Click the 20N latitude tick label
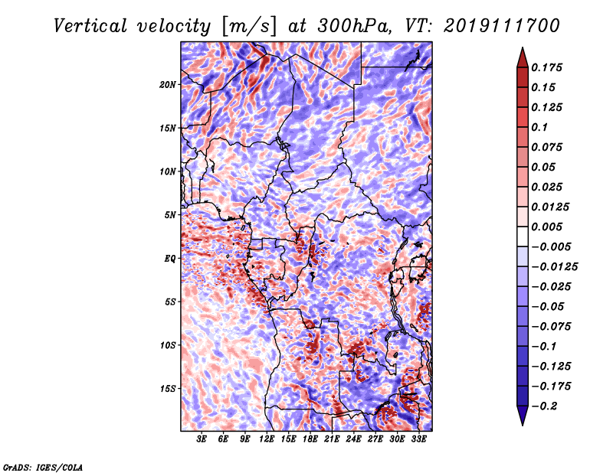(x=168, y=84)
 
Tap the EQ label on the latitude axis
(x=169, y=258)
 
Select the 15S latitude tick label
(x=168, y=389)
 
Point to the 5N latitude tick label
(x=169, y=215)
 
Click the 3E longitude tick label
(x=201, y=439)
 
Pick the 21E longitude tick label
(x=332, y=439)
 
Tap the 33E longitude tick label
(x=418, y=439)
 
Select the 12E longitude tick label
(x=266, y=439)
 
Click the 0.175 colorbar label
(x=546, y=67)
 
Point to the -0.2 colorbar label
(x=544, y=406)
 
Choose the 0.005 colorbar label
(x=546, y=227)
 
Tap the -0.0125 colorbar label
(x=554, y=267)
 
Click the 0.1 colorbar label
(x=539, y=127)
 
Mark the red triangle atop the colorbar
(x=523, y=58)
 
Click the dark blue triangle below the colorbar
(x=523, y=416)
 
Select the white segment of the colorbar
(x=523, y=236)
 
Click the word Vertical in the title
(x=90, y=26)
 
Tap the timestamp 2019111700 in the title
(x=502, y=26)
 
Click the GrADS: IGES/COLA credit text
(x=43, y=467)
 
